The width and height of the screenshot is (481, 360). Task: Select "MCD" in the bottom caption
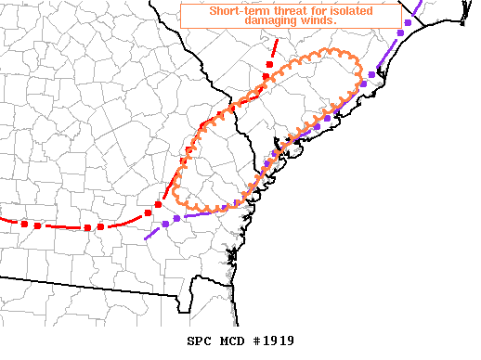tap(236, 341)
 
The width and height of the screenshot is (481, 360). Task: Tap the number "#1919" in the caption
tap(275, 341)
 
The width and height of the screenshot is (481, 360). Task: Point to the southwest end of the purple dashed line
tap(146, 239)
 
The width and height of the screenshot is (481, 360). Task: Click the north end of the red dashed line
tap(276, 41)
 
